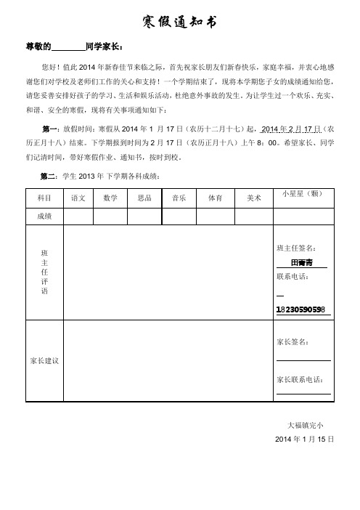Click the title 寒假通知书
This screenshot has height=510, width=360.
[x=179, y=23]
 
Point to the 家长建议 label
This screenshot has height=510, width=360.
[x=44, y=360]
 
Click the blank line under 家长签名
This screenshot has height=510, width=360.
[x=303, y=359]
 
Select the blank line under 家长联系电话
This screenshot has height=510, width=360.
[x=303, y=393]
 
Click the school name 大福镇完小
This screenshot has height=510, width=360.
[x=306, y=425]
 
